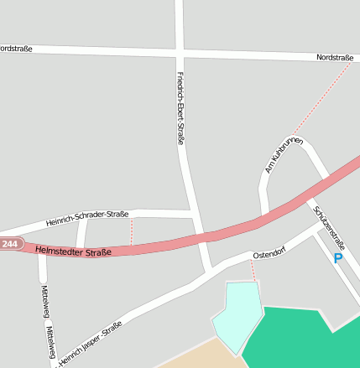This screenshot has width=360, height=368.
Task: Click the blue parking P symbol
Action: point(338,259)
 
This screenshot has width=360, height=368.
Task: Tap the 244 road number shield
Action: point(9,244)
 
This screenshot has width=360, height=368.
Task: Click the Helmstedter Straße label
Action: point(74,250)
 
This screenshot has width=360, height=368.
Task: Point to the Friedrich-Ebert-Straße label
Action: point(180,108)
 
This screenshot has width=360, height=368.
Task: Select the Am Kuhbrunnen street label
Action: point(284,155)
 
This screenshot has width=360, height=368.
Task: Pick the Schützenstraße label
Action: point(326,223)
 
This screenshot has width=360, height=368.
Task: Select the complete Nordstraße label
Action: point(335,58)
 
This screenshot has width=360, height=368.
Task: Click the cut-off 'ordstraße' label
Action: point(16,49)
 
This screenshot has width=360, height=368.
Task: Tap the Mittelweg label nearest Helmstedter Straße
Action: point(44,301)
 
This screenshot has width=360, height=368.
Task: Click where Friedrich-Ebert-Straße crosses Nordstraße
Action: point(180,53)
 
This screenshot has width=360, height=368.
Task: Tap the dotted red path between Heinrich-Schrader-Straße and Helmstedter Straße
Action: point(132,231)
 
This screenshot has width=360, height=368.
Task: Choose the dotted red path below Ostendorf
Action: point(253,271)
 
